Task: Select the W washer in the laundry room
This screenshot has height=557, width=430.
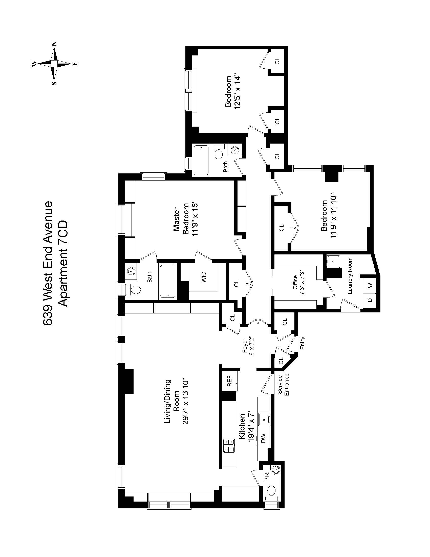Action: (370, 285)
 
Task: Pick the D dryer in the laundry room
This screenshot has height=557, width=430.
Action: (370, 300)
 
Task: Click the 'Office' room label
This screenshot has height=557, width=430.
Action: (295, 282)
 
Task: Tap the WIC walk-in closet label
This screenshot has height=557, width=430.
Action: (203, 277)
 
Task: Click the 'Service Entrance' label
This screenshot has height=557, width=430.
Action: (283, 385)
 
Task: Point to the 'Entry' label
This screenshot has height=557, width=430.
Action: (303, 343)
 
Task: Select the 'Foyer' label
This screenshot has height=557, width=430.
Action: (245, 346)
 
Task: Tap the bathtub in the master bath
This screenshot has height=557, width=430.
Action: (167, 282)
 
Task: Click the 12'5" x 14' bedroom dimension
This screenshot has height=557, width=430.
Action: (237, 93)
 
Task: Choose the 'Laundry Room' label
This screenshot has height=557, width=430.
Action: (350, 276)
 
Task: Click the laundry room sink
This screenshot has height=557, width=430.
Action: (333, 261)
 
